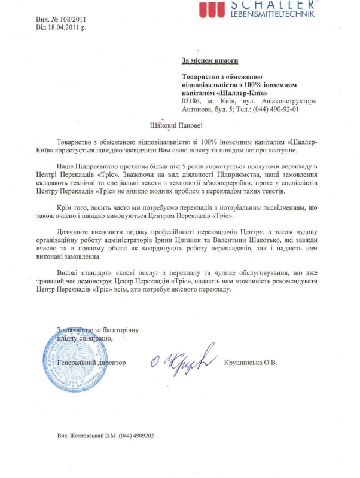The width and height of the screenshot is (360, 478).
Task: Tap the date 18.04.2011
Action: pyautogui.click(x=66, y=27)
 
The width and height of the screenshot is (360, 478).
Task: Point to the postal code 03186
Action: pyautogui.click(x=193, y=102)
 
